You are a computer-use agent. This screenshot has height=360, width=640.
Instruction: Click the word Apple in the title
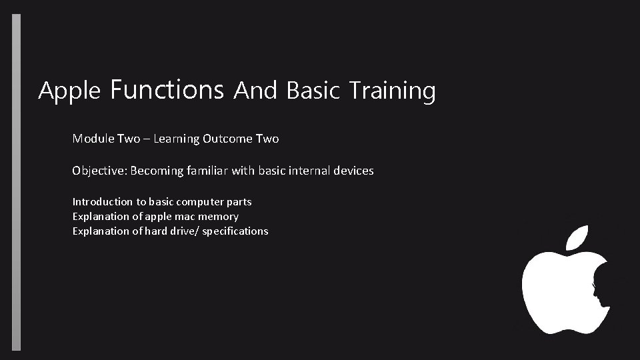[69, 91]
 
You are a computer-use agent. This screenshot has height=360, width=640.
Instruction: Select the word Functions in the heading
[167, 89]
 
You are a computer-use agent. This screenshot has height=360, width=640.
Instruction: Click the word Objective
[99, 171]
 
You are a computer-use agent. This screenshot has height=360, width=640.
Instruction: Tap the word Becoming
[157, 171]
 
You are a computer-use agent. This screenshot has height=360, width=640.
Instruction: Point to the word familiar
[207, 171]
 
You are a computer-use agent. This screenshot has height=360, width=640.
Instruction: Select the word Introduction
[103, 201]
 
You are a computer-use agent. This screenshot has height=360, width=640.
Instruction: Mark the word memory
[219, 217]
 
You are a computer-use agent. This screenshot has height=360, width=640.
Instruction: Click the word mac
[186, 217]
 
